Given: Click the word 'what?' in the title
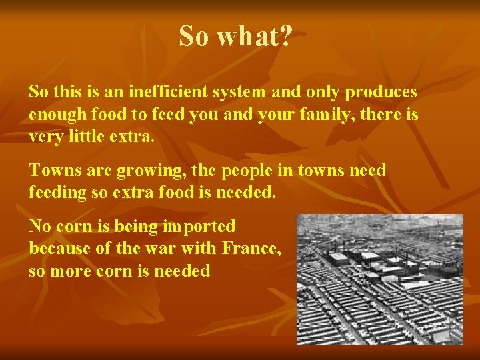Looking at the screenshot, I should click(x=254, y=37).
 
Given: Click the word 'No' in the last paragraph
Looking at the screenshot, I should click(x=39, y=226).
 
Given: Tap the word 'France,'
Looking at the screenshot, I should click(x=251, y=249).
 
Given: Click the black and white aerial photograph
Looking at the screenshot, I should click(x=379, y=279).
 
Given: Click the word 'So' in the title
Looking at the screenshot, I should click(x=194, y=37).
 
